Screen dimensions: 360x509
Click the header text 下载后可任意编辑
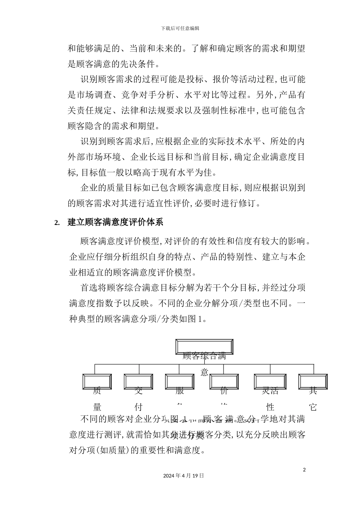click(x=180, y=28)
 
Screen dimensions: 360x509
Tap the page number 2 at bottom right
click(x=304, y=470)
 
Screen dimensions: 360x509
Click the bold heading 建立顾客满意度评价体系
click(x=115, y=222)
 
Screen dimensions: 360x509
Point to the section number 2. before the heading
click(x=57, y=223)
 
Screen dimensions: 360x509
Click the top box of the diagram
click(x=204, y=347)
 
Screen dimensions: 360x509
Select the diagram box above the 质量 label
click(x=97, y=381)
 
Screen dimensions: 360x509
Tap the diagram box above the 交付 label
click(x=138, y=381)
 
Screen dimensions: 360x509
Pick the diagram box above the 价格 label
click(x=224, y=381)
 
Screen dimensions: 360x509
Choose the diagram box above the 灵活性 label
click(x=270, y=381)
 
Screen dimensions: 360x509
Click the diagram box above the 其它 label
click(x=313, y=381)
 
